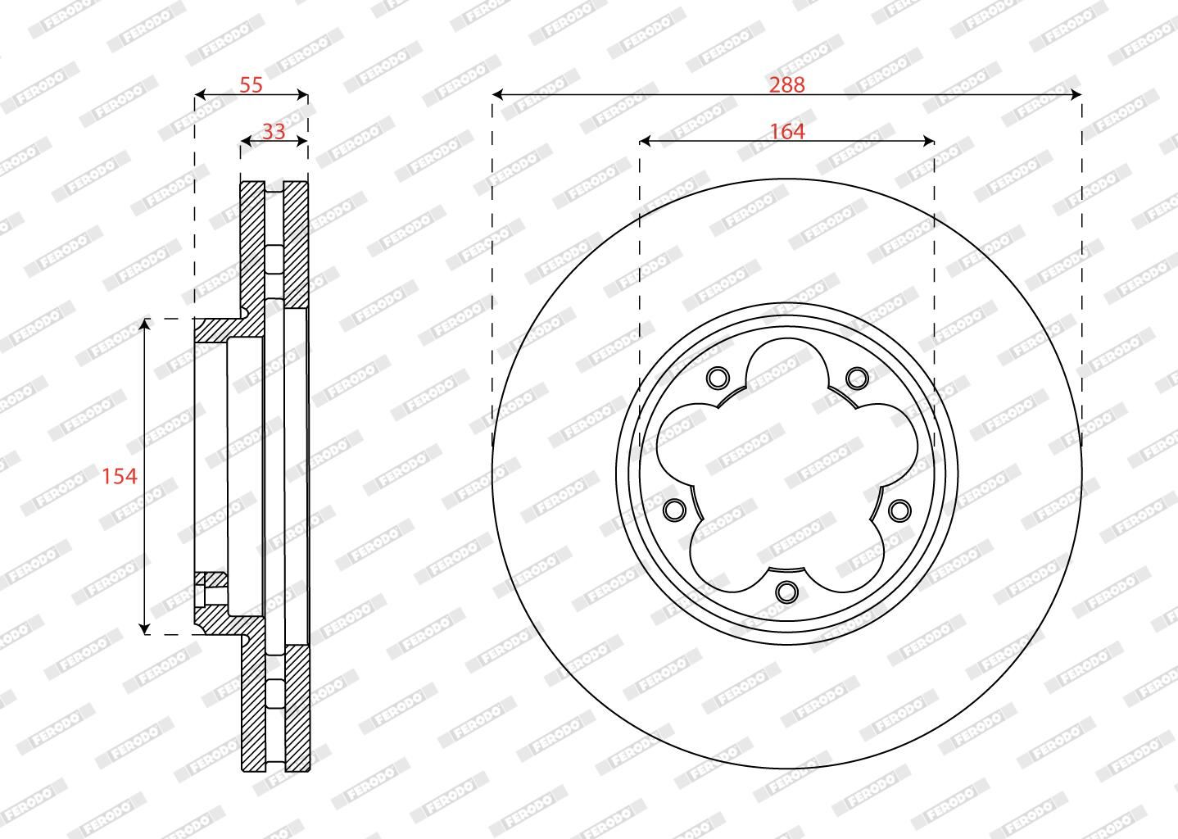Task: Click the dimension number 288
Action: [x=786, y=84]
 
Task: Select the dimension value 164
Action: [x=787, y=132]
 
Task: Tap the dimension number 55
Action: [x=251, y=84]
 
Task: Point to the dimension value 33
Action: [x=274, y=132]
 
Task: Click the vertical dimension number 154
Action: [x=120, y=477]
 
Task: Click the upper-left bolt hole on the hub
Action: [x=718, y=378]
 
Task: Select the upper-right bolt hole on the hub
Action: [x=857, y=378]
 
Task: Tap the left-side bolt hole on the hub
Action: [x=674, y=510]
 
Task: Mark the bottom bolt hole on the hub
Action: [x=786, y=592]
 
